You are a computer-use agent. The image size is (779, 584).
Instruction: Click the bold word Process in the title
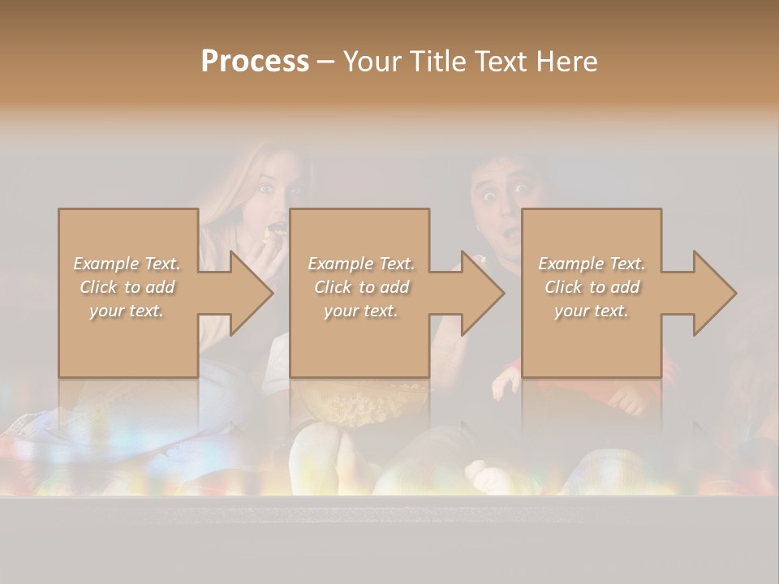(x=255, y=62)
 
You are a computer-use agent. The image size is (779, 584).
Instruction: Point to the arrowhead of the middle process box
(x=481, y=294)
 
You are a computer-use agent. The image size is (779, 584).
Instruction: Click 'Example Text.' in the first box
(x=127, y=264)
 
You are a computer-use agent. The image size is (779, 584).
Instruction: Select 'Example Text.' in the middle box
(x=361, y=264)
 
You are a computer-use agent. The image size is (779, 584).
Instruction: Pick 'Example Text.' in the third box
(x=592, y=264)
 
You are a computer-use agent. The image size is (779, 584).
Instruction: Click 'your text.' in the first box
(x=127, y=311)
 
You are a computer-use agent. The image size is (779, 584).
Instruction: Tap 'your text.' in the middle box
(x=361, y=311)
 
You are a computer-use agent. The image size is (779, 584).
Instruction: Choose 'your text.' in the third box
(x=592, y=311)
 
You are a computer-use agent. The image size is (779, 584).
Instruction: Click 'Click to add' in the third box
(x=592, y=287)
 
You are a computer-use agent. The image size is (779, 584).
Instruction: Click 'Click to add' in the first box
(x=127, y=287)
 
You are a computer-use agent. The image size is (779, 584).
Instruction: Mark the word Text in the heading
(x=499, y=62)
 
